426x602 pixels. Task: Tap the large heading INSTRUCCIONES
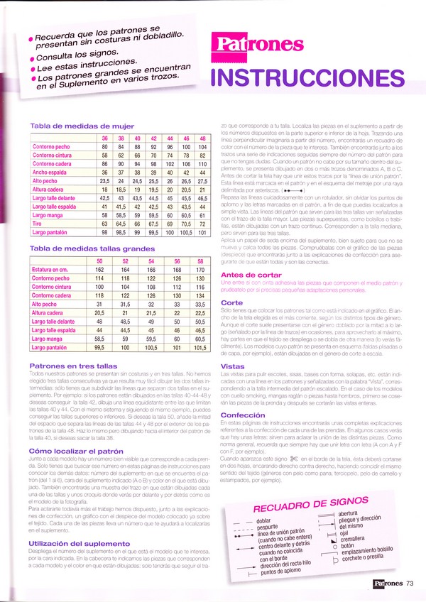point(312,77)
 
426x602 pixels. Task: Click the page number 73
point(410,584)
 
